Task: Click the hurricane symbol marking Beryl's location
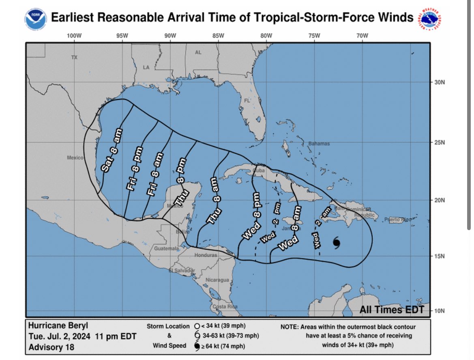(337, 243)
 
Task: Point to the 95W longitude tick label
(122, 36)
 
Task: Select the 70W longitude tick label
(362, 36)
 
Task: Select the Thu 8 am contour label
(214, 201)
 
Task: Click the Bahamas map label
(319, 144)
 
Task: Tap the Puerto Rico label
(397, 220)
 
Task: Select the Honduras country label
(206, 255)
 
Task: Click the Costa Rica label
(225, 306)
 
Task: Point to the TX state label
(74, 58)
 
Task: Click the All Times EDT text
(392, 310)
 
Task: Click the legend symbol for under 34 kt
(197, 326)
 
